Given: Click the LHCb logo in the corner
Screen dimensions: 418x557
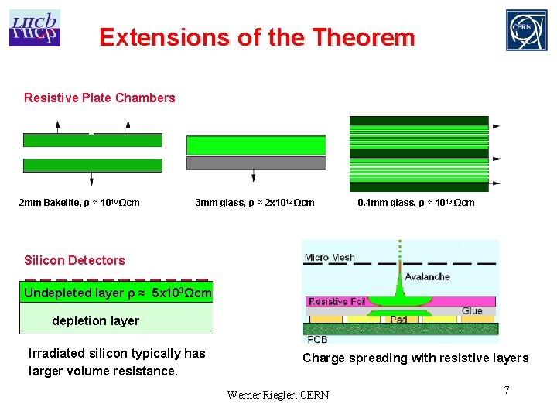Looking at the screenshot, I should click(x=34, y=28).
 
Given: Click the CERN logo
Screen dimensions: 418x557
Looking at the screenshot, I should click(x=526, y=30).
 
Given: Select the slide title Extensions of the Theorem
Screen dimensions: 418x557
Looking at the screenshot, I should click(x=257, y=37).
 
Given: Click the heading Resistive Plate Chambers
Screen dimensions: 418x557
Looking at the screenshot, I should click(x=99, y=98).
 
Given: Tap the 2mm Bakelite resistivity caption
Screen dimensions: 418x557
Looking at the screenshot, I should click(x=79, y=203).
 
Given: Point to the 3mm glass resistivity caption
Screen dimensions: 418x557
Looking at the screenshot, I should click(x=255, y=203).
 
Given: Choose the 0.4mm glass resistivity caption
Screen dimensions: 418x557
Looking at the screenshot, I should click(x=416, y=203).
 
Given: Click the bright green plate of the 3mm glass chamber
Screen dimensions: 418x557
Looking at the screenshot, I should click(x=256, y=146).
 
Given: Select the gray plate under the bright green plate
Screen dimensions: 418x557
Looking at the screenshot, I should click(x=256, y=163).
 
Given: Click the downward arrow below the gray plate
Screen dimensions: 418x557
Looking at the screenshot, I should click(x=253, y=177).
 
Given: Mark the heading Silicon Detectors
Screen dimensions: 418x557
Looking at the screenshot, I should click(x=74, y=260).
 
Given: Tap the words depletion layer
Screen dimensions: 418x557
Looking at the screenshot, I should click(x=95, y=320).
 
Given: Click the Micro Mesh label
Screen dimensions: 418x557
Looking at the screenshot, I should click(x=330, y=257).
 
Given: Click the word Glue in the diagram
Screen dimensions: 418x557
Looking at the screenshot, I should click(x=471, y=310).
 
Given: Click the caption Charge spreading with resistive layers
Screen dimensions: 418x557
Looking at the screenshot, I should click(x=415, y=358).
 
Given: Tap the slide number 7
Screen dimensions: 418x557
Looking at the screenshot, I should click(x=507, y=390).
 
